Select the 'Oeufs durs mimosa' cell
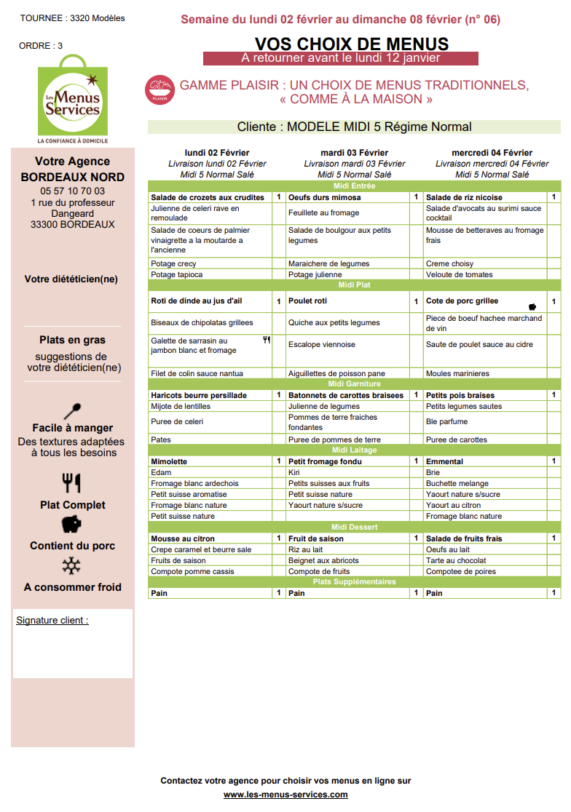(324, 197)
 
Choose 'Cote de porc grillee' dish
(462, 300)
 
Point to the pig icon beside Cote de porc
(532, 306)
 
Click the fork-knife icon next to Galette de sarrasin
(267, 339)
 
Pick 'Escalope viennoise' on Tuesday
(321, 344)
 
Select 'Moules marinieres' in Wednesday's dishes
(457, 373)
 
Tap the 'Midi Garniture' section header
(355, 383)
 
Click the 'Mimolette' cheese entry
(169, 461)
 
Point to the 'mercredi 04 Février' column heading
(492, 153)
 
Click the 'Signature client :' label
(52, 621)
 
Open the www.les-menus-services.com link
(285, 795)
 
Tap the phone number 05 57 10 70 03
(73, 191)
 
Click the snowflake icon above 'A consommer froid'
(71, 566)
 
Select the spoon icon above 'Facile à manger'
(73, 411)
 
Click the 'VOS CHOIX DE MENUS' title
(352, 44)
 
